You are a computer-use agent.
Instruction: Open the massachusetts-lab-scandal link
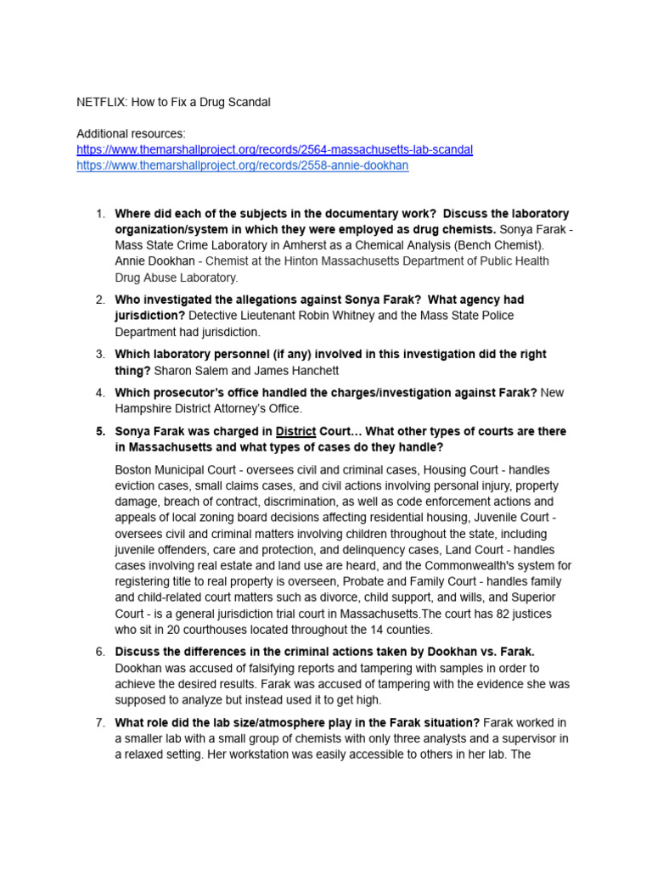point(274,150)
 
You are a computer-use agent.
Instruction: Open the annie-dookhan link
point(242,166)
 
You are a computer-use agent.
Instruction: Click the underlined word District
point(295,432)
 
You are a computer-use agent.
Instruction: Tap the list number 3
point(100,355)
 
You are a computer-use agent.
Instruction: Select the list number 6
point(100,652)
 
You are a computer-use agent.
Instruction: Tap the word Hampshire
point(143,409)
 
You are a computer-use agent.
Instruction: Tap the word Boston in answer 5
point(134,470)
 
